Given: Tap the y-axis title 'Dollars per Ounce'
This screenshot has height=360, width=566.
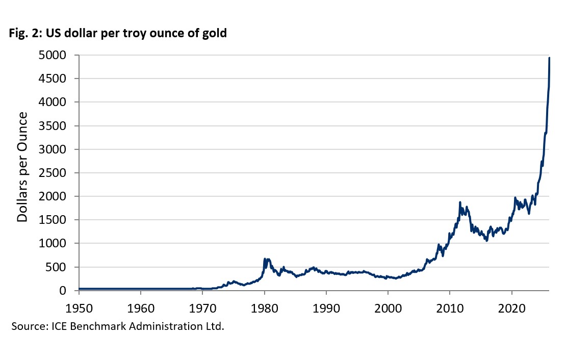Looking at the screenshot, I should pos(22,168).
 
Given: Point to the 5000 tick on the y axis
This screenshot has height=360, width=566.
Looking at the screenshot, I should pos(58,55).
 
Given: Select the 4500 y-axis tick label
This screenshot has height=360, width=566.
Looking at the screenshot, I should pos(58,79).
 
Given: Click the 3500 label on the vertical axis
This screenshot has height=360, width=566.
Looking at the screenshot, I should pos(58,126).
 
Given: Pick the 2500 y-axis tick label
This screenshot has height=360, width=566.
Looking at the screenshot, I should pos(58,173).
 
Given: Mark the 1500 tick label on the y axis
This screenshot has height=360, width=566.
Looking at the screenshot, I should pos(58,220).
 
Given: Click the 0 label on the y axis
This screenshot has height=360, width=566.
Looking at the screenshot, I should pos(70,291).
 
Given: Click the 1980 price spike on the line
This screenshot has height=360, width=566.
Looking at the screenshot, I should pos(265,259).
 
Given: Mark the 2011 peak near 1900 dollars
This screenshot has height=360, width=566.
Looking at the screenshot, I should pos(460,202).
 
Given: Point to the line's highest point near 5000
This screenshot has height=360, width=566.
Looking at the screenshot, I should pos(549,58).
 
